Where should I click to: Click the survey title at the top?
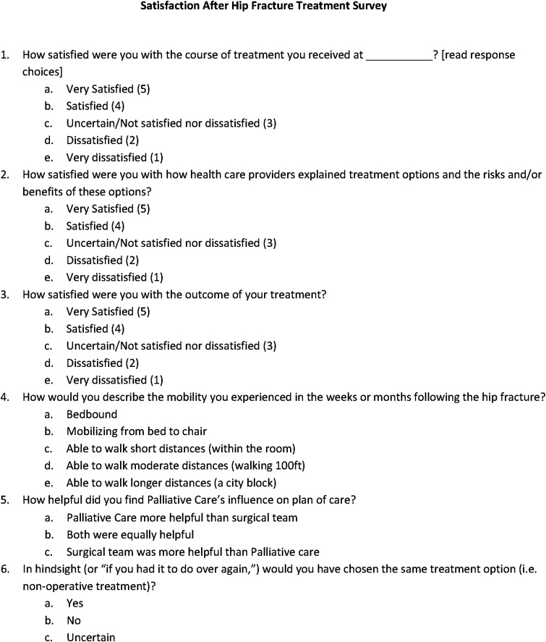[273, 7]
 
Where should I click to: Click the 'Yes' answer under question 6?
[74, 603]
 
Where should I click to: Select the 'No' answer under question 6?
[73, 620]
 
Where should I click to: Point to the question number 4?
[6, 397]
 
